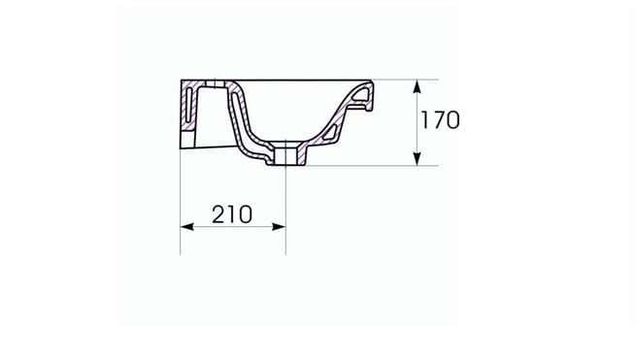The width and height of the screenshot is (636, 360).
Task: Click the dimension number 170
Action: point(440,120)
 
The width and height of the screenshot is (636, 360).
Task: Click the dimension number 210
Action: point(232,214)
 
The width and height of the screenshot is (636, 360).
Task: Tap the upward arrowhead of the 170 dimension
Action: point(417,86)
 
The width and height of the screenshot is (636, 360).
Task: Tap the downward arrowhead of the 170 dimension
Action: point(417,159)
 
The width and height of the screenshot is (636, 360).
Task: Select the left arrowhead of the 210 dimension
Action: point(187,227)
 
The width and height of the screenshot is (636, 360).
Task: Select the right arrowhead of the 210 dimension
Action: point(279,227)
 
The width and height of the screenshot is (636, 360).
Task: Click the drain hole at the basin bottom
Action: point(285,155)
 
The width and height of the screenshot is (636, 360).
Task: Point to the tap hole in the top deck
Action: point(215,83)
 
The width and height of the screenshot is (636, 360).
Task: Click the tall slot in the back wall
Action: point(187,105)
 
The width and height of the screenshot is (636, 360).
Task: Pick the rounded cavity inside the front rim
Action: point(360,94)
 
